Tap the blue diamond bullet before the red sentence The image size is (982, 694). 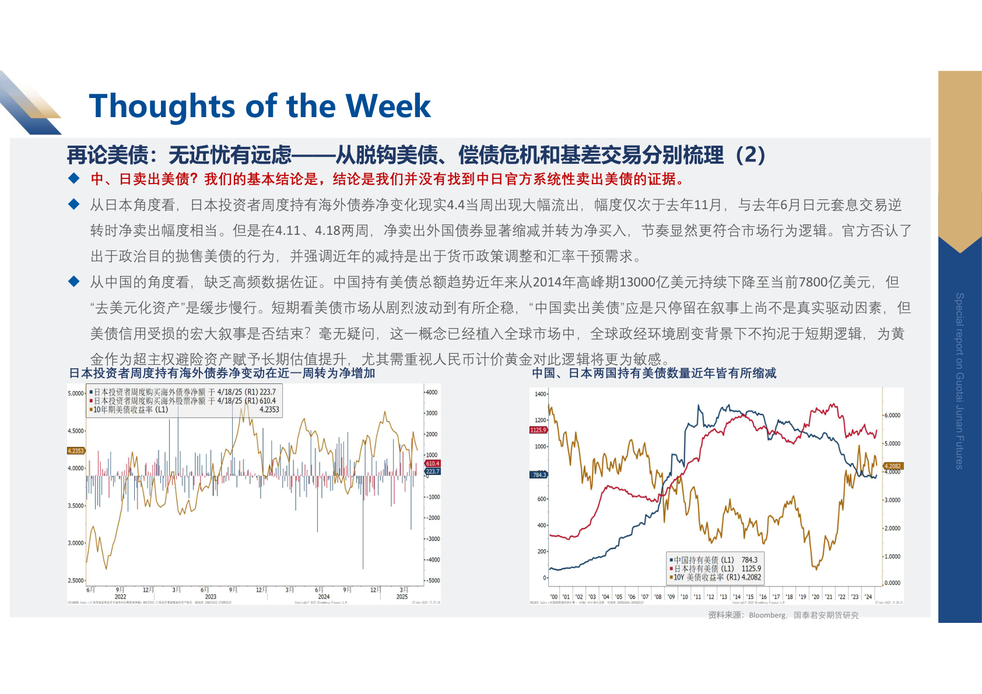(74, 178)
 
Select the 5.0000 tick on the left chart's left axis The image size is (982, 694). (76, 393)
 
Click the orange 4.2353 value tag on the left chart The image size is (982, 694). (76, 450)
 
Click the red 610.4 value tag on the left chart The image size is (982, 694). (433, 463)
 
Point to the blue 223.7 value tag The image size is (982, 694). (433, 471)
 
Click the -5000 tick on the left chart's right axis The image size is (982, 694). (432, 580)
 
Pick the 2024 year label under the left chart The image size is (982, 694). (324, 597)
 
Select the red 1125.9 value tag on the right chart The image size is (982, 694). (538, 430)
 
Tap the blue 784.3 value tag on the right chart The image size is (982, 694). (539, 475)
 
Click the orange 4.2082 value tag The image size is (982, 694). (893, 466)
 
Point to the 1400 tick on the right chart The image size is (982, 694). (541, 394)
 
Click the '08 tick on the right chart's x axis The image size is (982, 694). (658, 597)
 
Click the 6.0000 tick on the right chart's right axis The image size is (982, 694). (892, 415)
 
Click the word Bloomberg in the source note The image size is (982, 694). (767, 615)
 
